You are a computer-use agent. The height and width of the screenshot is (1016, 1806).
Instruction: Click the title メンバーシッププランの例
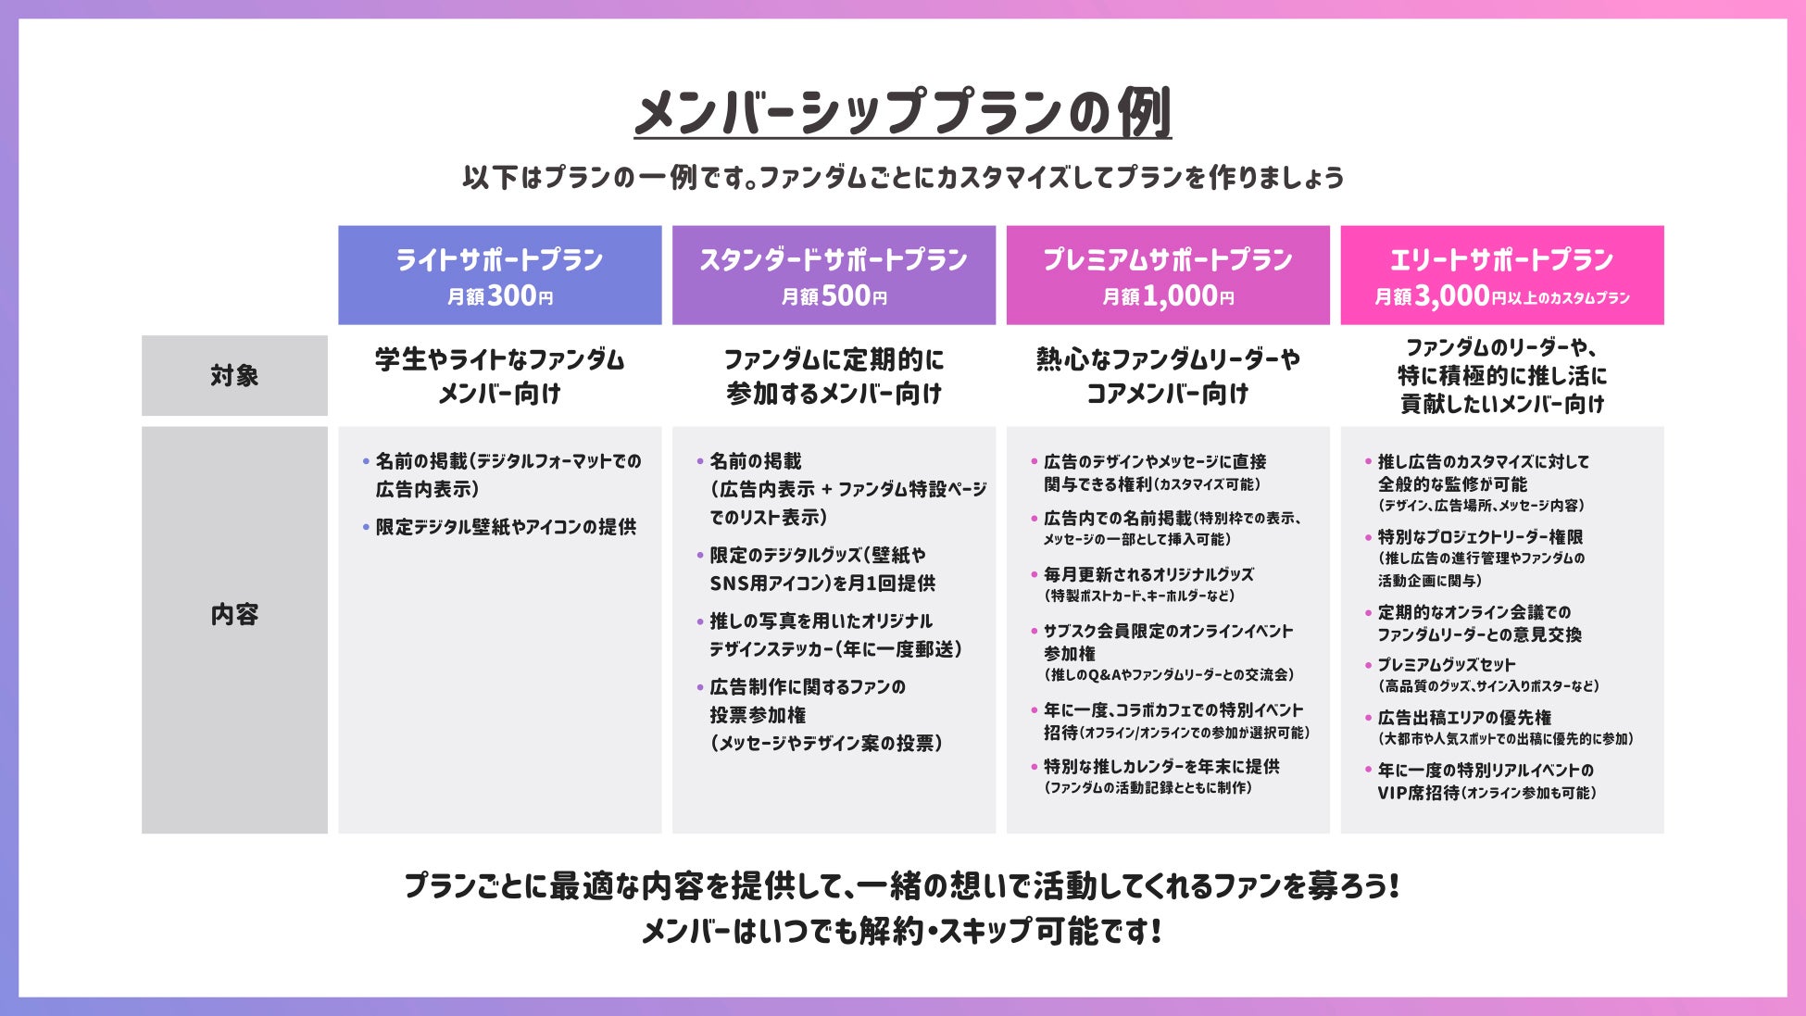[x=902, y=113]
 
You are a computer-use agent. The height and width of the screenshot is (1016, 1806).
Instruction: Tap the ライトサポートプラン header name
[x=499, y=260]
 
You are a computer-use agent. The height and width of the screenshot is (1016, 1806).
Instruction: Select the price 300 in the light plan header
[x=512, y=295]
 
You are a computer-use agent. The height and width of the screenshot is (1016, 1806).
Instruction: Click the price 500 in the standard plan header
[x=847, y=295]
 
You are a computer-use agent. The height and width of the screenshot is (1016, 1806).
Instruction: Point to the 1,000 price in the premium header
[x=1180, y=295]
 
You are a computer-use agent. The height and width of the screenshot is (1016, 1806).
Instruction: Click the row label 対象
[x=234, y=375]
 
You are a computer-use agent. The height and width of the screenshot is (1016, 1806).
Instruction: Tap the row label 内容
[x=234, y=614]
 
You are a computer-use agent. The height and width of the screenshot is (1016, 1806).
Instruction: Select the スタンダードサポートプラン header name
[x=834, y=260]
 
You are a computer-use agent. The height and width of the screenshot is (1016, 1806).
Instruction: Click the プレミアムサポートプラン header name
[x=1168, y=260]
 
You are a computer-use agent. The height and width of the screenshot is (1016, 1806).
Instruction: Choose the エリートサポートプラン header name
[x=1501, y=260]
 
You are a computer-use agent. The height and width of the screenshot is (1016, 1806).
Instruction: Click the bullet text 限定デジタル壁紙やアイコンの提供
[x=506, y=527]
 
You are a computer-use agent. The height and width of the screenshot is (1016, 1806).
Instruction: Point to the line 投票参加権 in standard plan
[x=758, y=715]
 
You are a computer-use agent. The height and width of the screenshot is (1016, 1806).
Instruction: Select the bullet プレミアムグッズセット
[x=1446, y=665]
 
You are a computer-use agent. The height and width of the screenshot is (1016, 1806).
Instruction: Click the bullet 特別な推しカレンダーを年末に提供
[x=1161, y=767]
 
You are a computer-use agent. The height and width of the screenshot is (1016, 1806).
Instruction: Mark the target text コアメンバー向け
[x=1167, y=395]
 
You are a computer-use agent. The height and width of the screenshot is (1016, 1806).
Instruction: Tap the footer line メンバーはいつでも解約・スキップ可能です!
[x=901, y=931]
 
